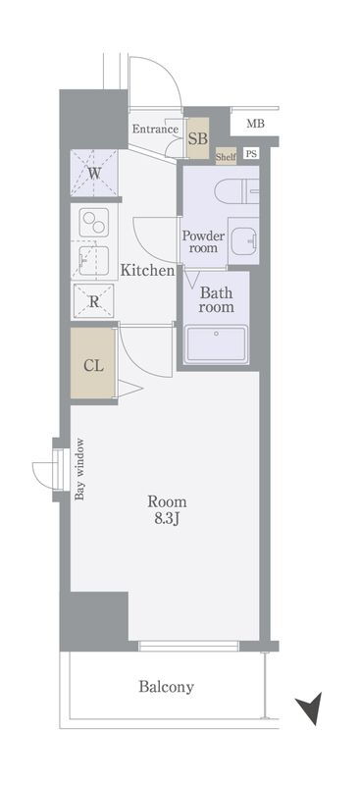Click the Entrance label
pos(155,130)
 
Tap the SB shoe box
pos(198,138)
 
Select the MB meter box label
pos(255,124)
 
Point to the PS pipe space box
pos(251,154)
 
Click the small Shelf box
pos(226,157)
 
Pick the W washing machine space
pos(94,174)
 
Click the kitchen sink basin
pos(94,260)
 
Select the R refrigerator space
pos(93,301)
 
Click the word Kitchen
pos(147,271)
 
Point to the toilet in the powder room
pos(236,191)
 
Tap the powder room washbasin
pos(243,240)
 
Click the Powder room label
pos(203,241)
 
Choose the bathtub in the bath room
pos(217,344)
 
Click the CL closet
pos(93,364)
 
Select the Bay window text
pos(79,469)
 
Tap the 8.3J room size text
pos(167,519)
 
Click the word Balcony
pos(166,686)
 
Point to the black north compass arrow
pos(309,707)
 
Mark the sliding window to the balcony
pos(188,646)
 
